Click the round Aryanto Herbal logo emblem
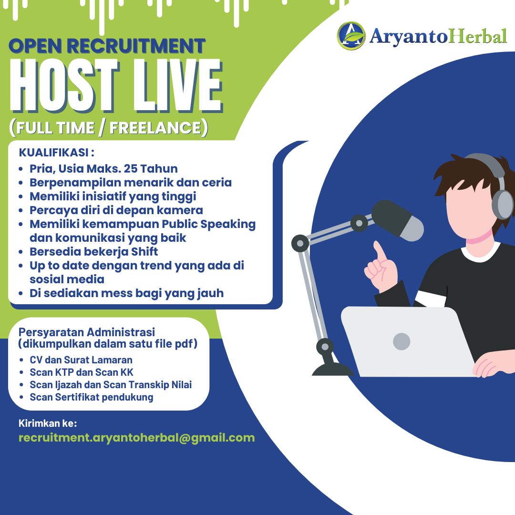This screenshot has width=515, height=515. click(x=351, y=36)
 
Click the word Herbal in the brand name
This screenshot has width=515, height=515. click(x=478, y=36)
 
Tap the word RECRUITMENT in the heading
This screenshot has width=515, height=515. click(x=136, y=46)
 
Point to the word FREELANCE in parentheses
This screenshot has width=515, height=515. click(x=155, y=128)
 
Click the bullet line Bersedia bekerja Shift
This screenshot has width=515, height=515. click(x=93, y=252)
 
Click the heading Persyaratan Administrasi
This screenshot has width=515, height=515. click(x=87, y=332)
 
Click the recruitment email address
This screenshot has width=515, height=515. click(x=137, y=438)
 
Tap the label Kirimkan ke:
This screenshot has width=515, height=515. click(x=48, y=423)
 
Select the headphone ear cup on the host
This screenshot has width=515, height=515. click(x=503, y=204)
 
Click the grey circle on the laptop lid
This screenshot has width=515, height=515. click(x=402, y=341)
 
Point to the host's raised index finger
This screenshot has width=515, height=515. click(x=380, y=251)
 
